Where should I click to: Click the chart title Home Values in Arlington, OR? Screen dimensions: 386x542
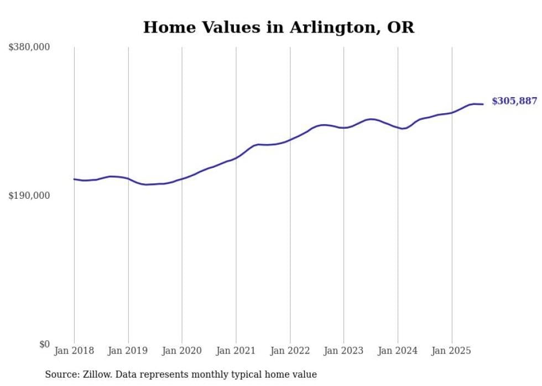click(x=278, y=27)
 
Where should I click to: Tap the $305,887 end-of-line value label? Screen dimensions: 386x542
click(x=514, y=101)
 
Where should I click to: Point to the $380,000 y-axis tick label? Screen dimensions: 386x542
click(x=29, y=47)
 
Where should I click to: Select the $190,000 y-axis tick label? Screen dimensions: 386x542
click(x=29, y=195)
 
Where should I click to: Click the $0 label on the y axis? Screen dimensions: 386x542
click(x=44, y=344)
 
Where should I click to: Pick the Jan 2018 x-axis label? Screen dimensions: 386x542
click(x=74, y=351)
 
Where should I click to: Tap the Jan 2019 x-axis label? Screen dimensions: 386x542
click(x=128, y=351)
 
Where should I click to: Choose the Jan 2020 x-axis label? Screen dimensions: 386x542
click(x=182, y=351)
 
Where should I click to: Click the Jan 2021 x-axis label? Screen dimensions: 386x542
click(x=236, y=351)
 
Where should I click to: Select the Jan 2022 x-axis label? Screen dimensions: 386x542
click(x=290, y=351)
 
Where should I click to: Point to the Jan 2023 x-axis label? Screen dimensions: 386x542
click(x=343, y=351)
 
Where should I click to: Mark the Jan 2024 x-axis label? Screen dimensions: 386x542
click(x=398, y=351)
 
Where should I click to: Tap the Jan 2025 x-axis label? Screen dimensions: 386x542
click(x=452, y=351)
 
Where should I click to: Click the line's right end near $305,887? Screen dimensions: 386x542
click(x=483, y=104)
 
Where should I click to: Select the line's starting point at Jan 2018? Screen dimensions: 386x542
click(x=74, y=179)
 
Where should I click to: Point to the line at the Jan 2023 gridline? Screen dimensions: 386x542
click(x=343, y=128)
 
